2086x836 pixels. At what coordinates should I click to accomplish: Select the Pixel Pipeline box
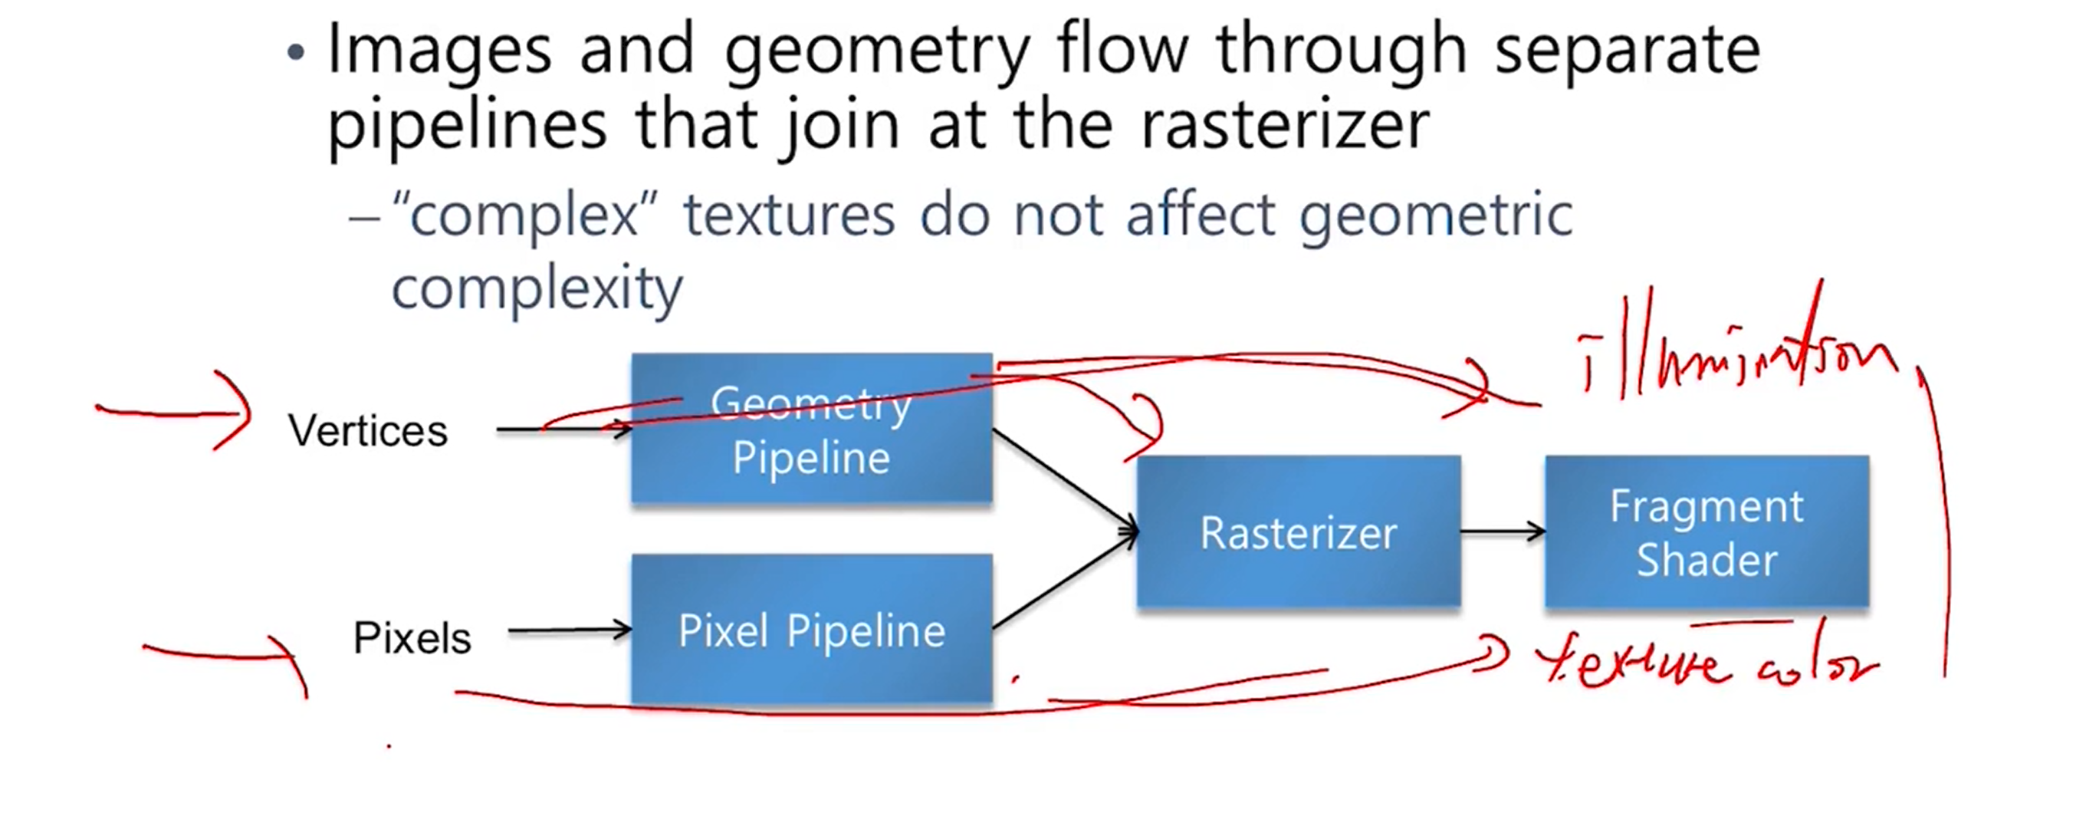pyautogui.click(x=811, y=630)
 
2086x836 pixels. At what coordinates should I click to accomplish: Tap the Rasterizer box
pyautogui.click(x=1298, y=532)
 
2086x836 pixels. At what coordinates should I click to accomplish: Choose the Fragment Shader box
pyautogui.click(x=1707, y=532)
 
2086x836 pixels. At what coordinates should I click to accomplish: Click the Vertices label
pyautogui.click(x=368, y=430)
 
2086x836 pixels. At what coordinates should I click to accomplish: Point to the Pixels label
pyautogui.click(x=412, y=637)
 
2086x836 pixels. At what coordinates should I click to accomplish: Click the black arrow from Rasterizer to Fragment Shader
pyautogui.click(x=1502, y=532)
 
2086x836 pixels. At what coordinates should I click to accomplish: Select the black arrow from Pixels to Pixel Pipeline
pyautogui.click(x=569, y=630)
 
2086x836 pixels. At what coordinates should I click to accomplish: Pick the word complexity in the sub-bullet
pyautogui.click(x=537, y=290)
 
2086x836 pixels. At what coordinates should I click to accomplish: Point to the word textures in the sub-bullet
pyautogui.click(x=789, y=216)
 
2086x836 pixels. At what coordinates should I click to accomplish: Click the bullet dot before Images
pyautogui.click(x=297, y=54)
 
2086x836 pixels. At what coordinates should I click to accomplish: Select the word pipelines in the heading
pyautogui.click(x=466, y=127)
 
